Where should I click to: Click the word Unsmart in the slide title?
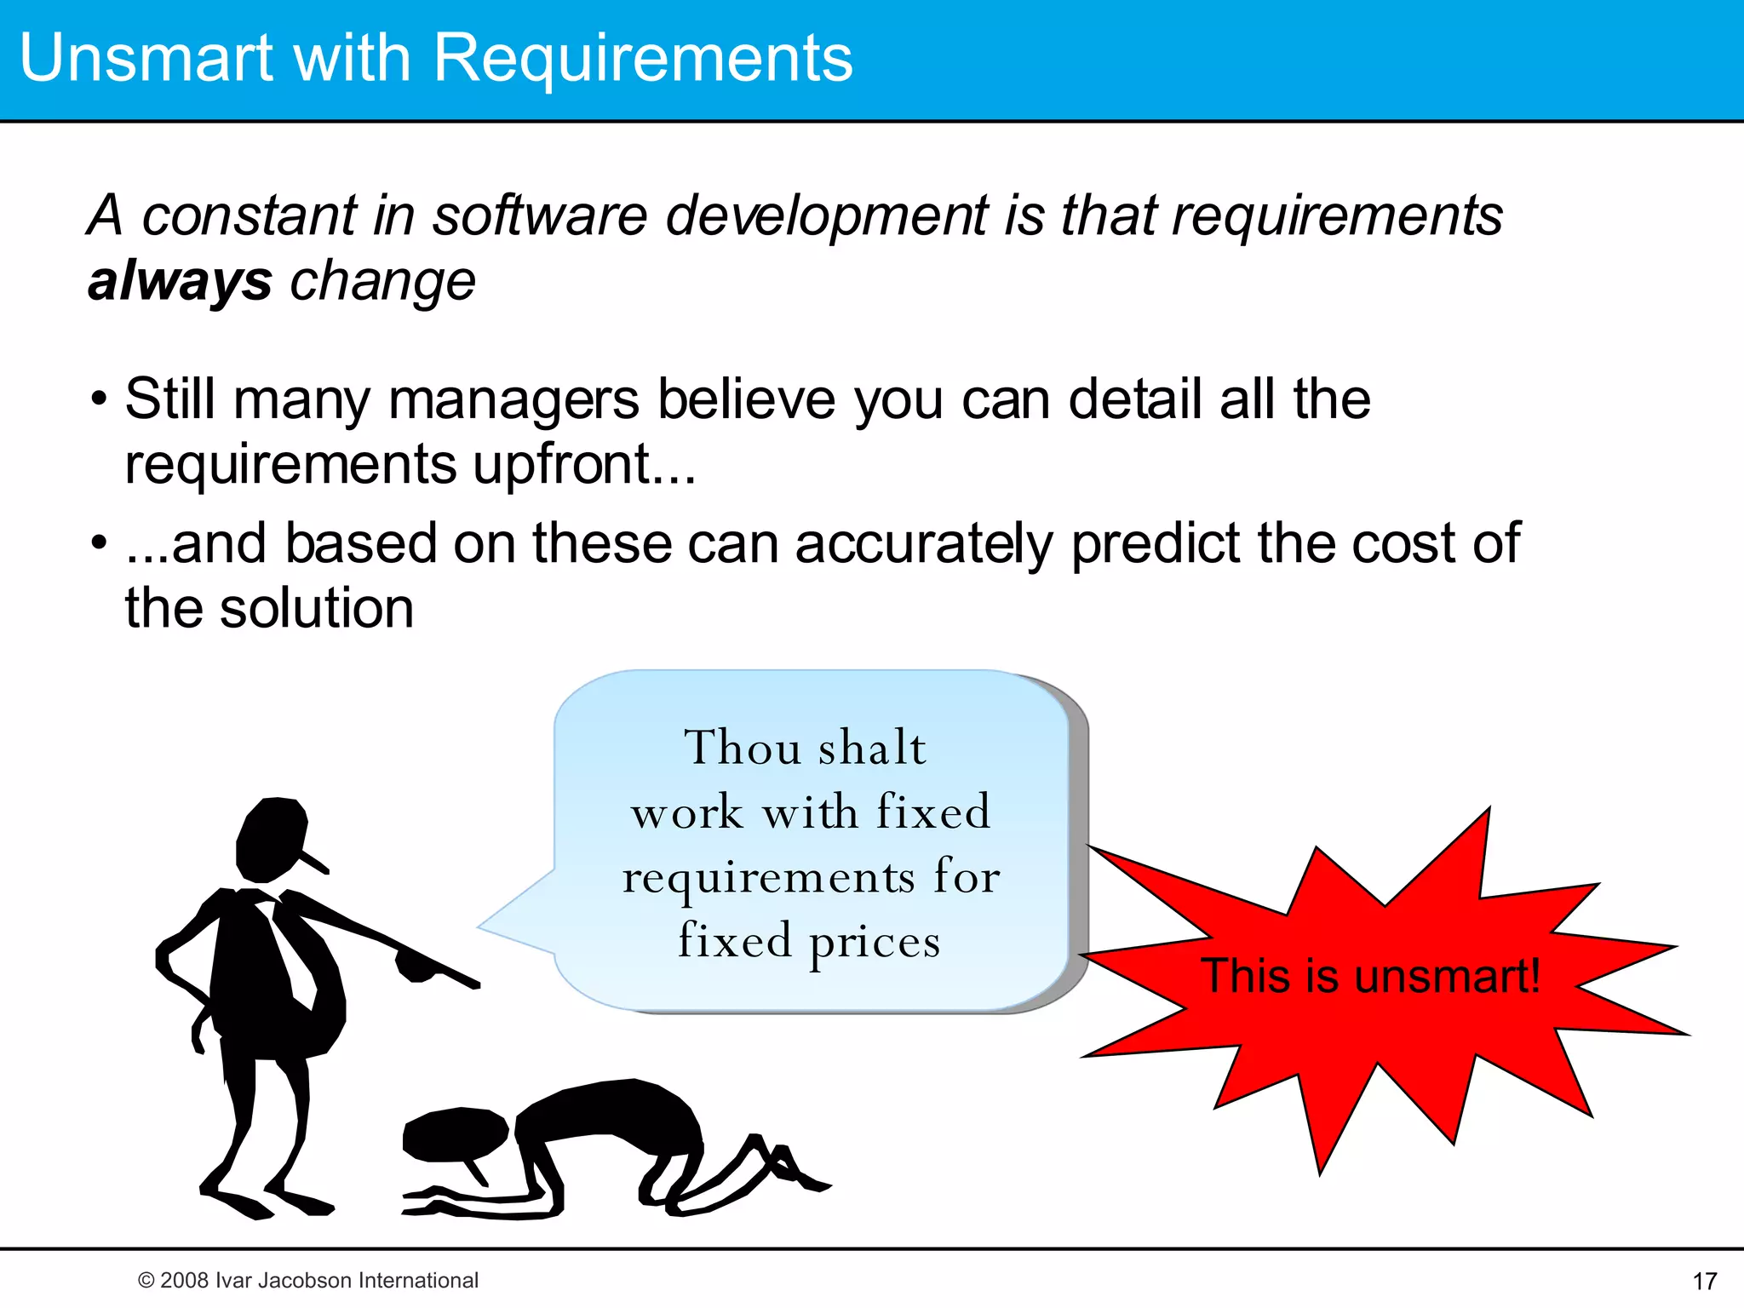146,58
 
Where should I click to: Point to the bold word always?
180,281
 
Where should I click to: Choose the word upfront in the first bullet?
561,464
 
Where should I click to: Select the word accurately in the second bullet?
924,543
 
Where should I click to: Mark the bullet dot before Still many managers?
100,398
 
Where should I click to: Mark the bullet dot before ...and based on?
100,542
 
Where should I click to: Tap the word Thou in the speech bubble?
743,748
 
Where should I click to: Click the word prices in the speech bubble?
875,942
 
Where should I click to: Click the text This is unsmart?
1370,976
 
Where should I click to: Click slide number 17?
1705,1281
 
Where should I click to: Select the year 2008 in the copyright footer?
185,1281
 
